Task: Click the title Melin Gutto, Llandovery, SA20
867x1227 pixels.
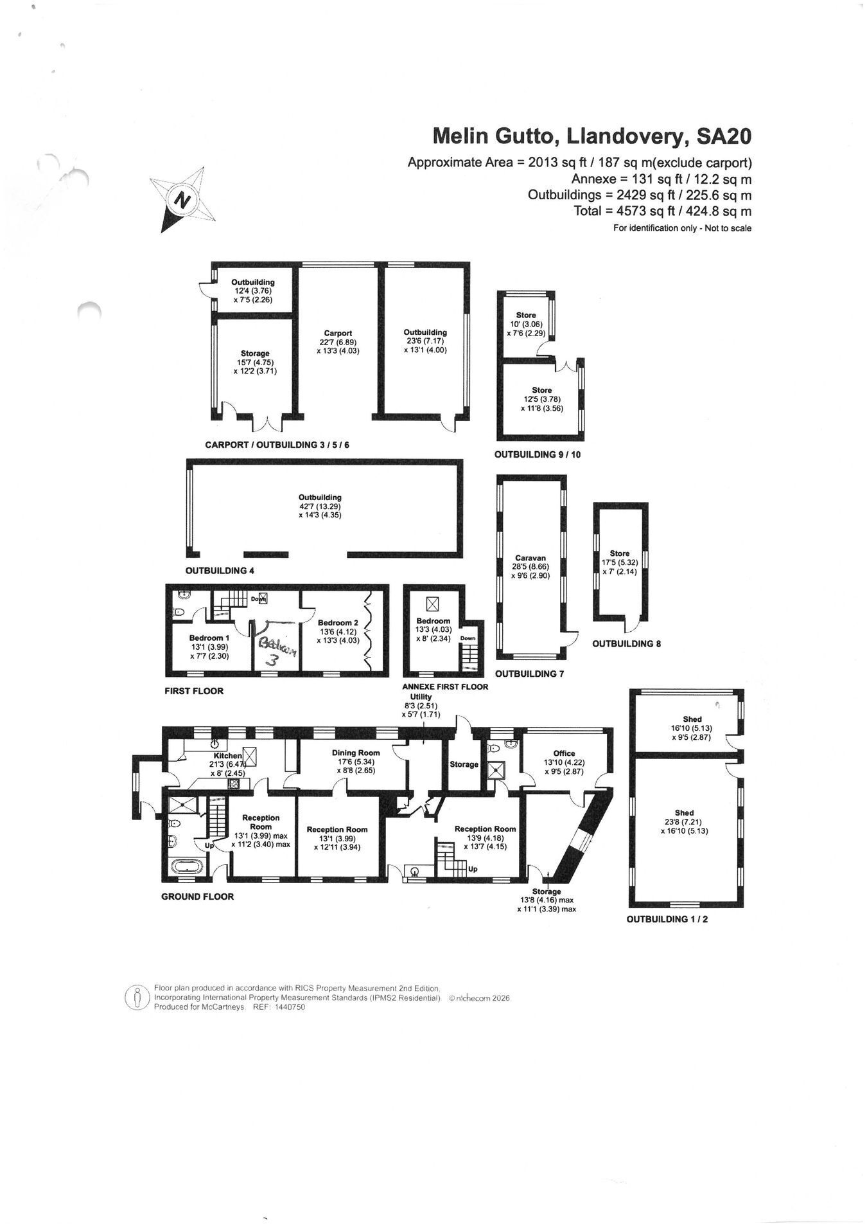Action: pyautogui.click(x=591, y=136)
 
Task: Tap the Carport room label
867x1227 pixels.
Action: pyautogui.click(x=338, y=333)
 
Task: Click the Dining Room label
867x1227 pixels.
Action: pyautogui.click(x=356, y=753)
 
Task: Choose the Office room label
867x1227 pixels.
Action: pyautogui.click(x=564, y=753)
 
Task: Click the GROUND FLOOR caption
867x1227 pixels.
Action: pyautogui.click(x=197, y=897)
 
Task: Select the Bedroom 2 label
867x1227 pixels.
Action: pyautogui.click(x=338, y=622)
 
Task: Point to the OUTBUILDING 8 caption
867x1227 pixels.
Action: pyautogui.click(x=626, y=643)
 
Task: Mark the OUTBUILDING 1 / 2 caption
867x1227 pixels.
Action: pyautogui.click(x=667, y=919)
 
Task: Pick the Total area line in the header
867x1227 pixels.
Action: pyautogui.click(x=663, y=211)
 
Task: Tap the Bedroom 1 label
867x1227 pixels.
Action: pyautogui.click(x=209, y=638)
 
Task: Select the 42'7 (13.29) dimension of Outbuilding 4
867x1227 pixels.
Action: pyautogui.click(x=320, y=506)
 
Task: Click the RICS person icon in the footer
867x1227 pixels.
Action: pyautogui.click(x=136, y=998)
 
